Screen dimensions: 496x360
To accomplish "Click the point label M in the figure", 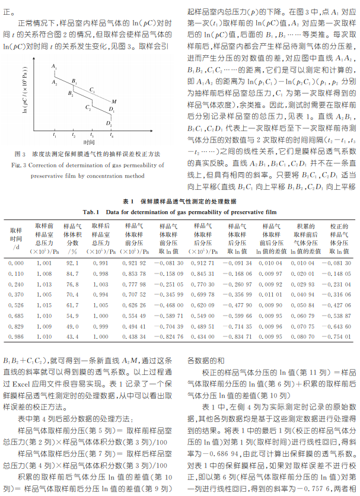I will [x=114, y=101].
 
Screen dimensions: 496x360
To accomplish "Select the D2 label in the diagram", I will [x=109, y=123].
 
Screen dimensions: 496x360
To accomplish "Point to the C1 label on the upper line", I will [x=92, y=89].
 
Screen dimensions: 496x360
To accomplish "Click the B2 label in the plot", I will [x=70, y=94].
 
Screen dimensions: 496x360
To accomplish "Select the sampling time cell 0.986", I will [x=17, y=336].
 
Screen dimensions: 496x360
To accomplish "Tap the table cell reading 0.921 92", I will [x=133, y=262].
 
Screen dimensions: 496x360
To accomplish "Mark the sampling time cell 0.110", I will [x=17, y=273].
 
